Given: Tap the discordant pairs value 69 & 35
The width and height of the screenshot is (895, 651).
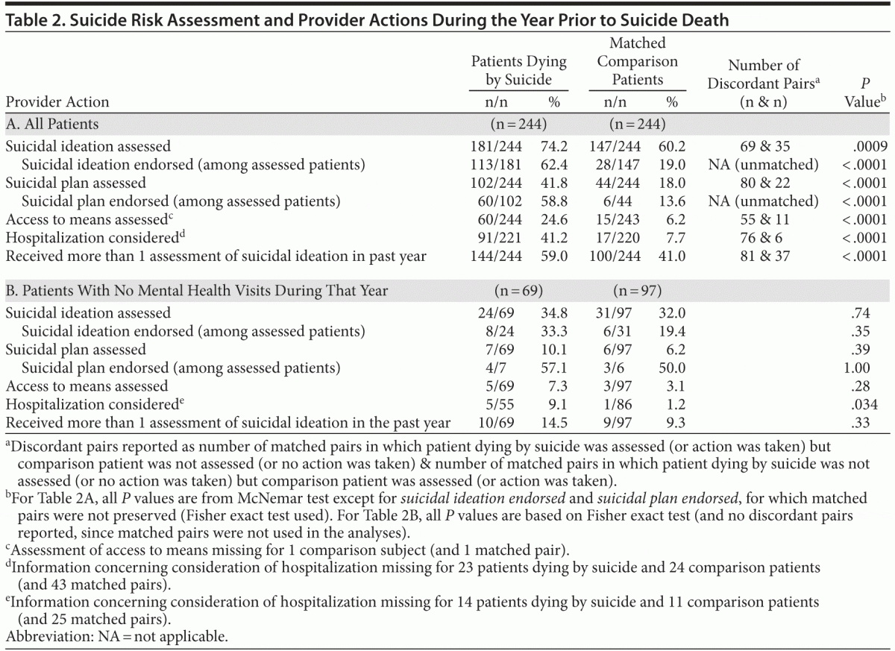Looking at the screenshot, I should (763, 147).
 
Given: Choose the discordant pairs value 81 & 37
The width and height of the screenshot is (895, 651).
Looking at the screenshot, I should (763, 257).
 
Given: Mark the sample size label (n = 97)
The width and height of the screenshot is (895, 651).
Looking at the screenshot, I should (638, 290).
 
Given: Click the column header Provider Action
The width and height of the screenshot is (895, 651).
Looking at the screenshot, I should (57, 102).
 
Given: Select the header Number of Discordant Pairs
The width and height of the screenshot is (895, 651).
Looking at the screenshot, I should (763, 75).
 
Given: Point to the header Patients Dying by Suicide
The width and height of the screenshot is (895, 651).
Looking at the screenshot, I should (518, 70).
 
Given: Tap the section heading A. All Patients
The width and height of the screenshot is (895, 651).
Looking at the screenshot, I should (51, 123).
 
